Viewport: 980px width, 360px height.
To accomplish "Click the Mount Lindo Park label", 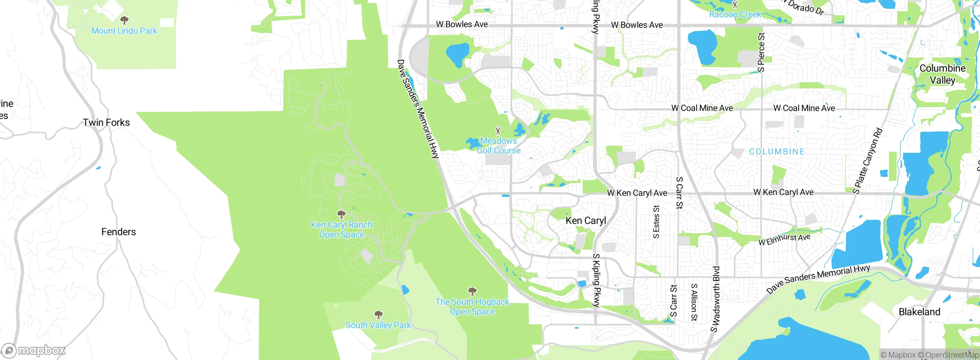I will tap(124, 31).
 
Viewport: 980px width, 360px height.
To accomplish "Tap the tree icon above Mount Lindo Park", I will tap(124, 20).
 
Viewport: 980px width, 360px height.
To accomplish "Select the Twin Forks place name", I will tap(106, 123).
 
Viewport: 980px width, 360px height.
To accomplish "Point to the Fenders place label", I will tap(119, 232).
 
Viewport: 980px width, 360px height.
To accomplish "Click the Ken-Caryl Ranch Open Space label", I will tap(341, 230).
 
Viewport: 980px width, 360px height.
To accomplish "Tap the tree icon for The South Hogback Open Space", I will tap(472, 291).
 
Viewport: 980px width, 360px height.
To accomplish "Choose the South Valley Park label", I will tap(378, 325).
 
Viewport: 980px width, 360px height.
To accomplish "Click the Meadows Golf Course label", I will tap(498, 146).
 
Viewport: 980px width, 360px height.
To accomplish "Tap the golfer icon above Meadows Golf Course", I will tap(498, 131).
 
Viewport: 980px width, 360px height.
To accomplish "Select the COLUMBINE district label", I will tap(777, 152).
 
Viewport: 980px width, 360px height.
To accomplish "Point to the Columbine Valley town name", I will tap(942, 74).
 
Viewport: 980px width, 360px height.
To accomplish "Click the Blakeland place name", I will tap(920, 312).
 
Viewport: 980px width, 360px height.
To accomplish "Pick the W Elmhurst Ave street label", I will tap(784, 239).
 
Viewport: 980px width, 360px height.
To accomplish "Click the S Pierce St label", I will tap(761, 52).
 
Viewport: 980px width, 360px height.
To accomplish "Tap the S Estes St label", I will tap(656, 222).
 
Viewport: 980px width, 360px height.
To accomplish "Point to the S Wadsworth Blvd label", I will tap(715, 299).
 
